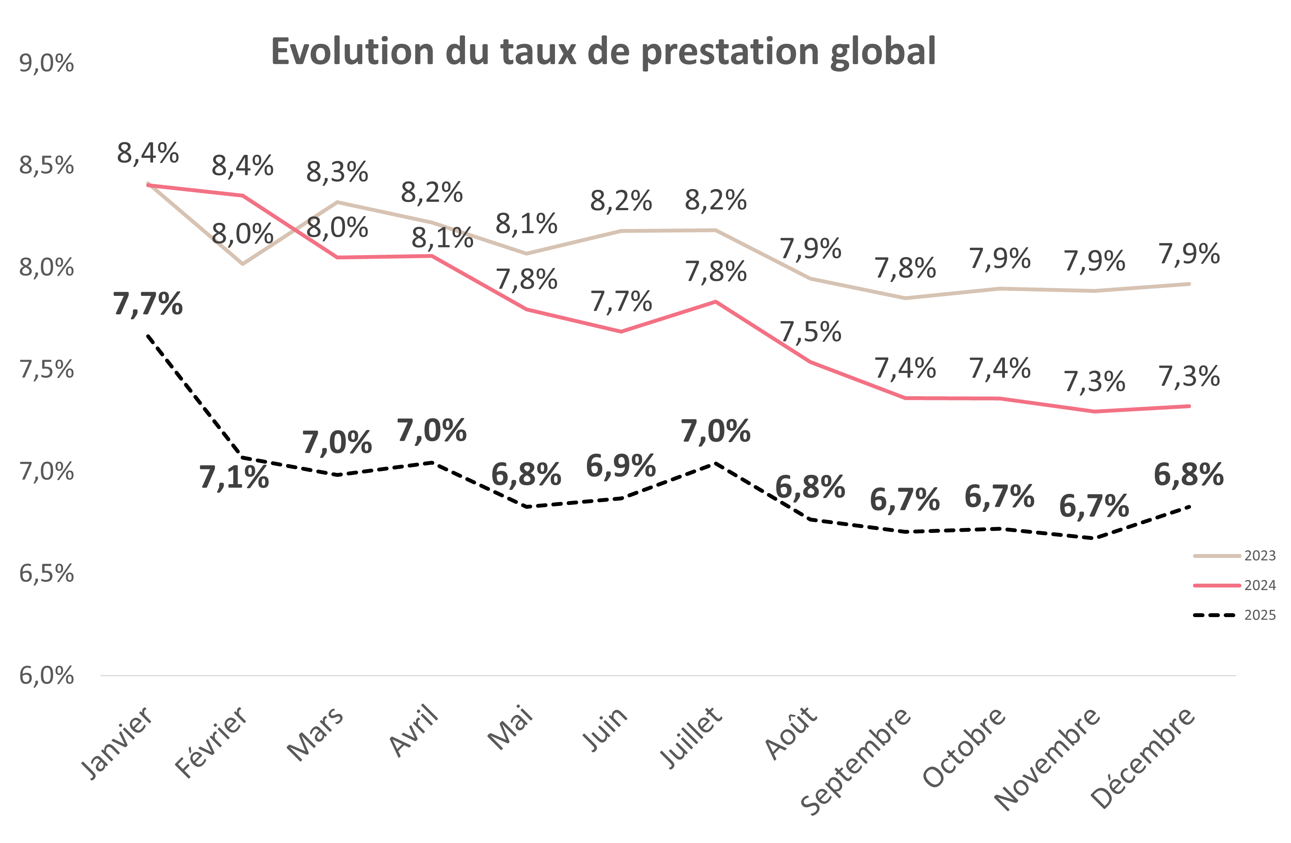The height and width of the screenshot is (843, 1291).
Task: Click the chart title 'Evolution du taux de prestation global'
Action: pos(603,51)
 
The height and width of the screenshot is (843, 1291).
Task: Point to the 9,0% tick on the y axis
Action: pos(47,64)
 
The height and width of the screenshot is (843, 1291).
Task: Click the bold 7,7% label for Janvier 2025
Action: pos(148,304)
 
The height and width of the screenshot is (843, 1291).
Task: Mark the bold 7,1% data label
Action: pos(234,478)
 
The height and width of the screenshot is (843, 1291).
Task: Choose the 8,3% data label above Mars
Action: pos(337,173)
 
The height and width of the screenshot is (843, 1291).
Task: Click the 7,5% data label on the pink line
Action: pos(810,332)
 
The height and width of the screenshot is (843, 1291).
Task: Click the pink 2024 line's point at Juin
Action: pos(621,331)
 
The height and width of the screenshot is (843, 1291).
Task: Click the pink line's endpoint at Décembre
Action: pos(1189,406)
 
